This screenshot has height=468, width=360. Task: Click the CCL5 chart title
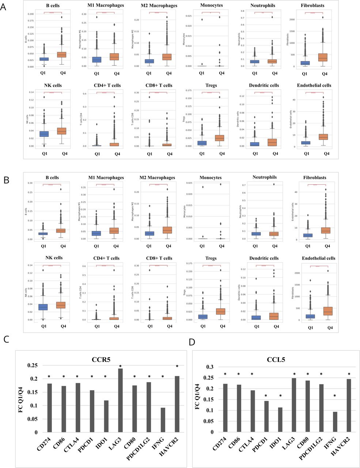coord(277,360)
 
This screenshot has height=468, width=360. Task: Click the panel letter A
coord(4,7)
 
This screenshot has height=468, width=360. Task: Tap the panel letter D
coord(192,342)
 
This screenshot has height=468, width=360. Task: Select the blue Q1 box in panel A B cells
coord(44,59)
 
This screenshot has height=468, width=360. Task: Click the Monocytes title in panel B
coord(211,178)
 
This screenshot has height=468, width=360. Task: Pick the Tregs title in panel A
coord(211,85)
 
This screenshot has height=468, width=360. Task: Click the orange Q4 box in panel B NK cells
coord(61,305)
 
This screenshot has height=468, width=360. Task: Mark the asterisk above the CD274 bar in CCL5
coord(226,374)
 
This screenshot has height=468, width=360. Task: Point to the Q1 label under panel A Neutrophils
coord(254,73)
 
